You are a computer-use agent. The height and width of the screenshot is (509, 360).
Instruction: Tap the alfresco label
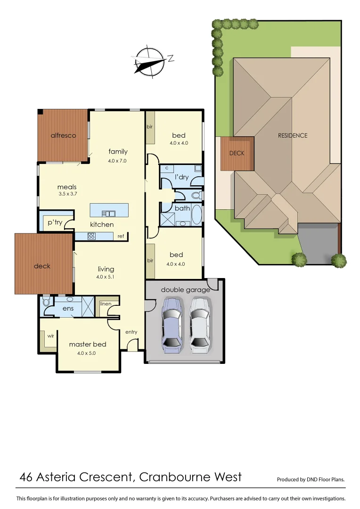[63, 136]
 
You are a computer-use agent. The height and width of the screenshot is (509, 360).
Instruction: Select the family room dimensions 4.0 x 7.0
[117, 161]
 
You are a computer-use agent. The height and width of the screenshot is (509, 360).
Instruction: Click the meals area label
[67, 187]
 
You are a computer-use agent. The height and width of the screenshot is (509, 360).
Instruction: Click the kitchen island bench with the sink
[109, 210]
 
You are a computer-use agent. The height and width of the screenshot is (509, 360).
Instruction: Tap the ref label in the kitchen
[121, 236]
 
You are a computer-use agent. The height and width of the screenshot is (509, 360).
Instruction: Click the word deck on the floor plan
[42, 266]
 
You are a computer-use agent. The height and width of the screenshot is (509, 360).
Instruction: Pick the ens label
[68, 308]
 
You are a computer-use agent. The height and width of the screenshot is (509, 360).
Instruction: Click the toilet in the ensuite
[46, 302]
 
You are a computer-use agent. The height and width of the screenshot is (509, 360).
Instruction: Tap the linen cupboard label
[106, 304]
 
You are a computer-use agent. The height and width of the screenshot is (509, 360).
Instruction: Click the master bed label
[88, 344]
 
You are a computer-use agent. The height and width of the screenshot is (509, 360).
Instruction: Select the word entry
[131, 332]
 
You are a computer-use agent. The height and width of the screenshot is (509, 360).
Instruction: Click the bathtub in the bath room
[196, 214]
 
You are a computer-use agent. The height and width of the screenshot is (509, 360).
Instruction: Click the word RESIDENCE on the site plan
[292, 135]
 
